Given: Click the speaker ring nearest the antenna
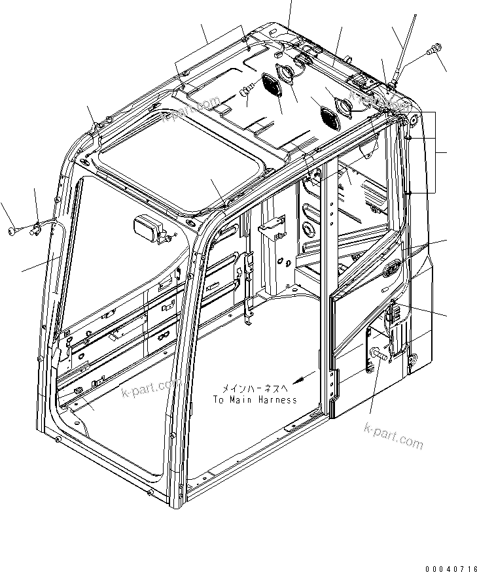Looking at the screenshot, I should pos(343,106).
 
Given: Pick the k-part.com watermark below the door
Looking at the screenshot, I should pos(393,436).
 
